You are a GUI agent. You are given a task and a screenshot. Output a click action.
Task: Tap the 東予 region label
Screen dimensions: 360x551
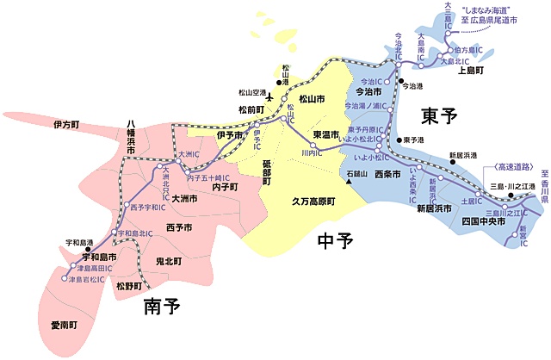coord(440,115)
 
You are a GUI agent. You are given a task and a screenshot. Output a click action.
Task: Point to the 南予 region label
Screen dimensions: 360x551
coord(163,305)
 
